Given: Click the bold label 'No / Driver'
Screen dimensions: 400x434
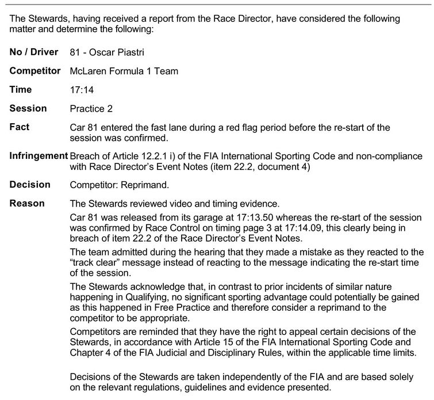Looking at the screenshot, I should pyautogui.click(x=34, y=52).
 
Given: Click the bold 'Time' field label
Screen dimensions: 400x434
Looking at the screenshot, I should pyautogui.click(x=21, y=90).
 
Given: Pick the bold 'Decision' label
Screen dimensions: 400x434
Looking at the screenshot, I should pyautogui.click(x=30, y=185).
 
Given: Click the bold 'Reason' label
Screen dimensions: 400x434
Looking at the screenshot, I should pyautogui.click(x=28, y=204).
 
